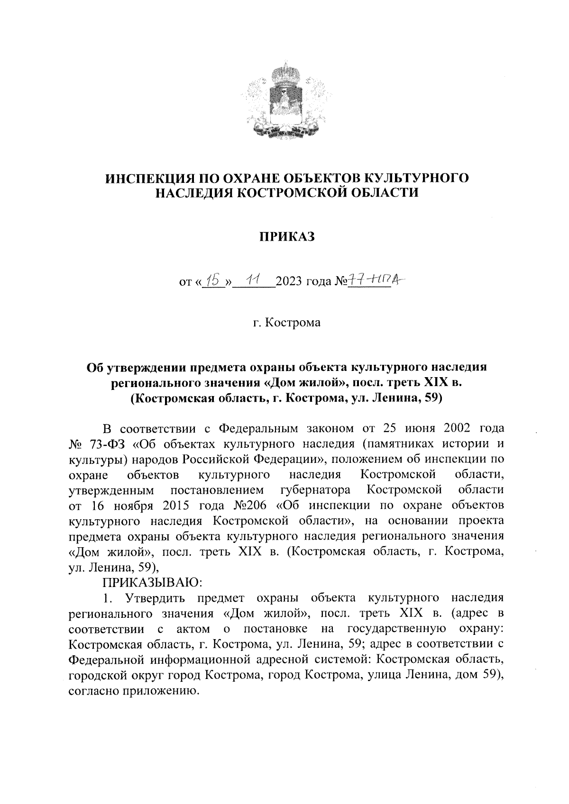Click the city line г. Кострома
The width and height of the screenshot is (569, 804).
[286, 323]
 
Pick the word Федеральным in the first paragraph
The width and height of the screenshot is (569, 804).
[258, 429]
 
